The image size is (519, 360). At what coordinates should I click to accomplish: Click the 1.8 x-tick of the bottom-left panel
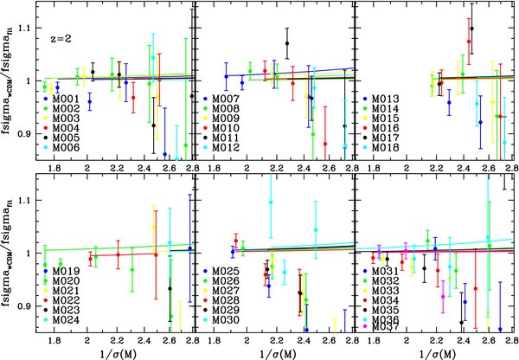coord(55,340)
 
